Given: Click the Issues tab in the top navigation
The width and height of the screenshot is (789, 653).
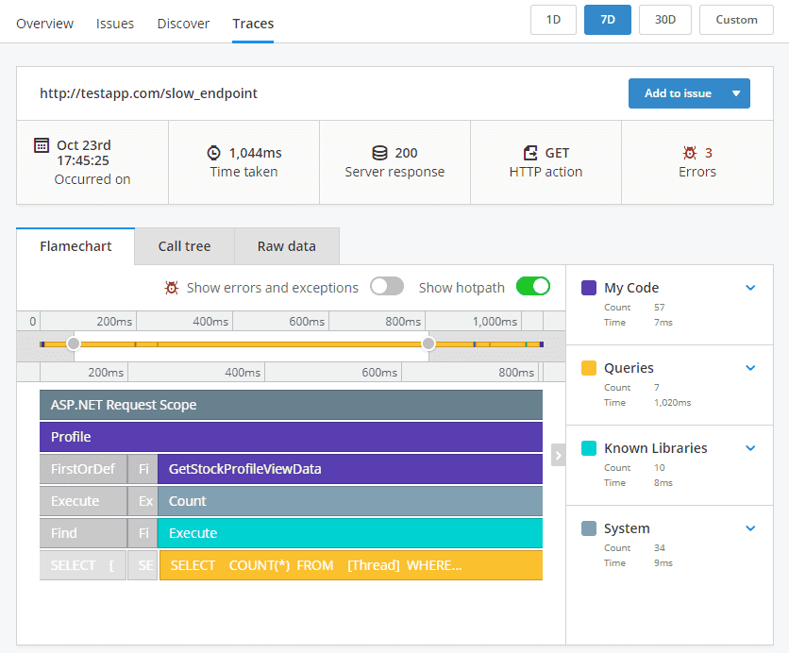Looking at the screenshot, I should pos(115,24).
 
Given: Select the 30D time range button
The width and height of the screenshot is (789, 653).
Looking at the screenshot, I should pos(664,20).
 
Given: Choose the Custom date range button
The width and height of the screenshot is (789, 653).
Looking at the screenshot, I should pos(736,20).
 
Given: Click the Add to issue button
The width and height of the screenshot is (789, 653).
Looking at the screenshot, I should pos(678,93).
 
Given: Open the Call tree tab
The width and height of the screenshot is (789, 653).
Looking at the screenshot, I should pos(184,246).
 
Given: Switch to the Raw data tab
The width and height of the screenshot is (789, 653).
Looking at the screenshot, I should pos(286,246).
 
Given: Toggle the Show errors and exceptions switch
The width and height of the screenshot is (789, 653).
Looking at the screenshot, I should pos(387,287).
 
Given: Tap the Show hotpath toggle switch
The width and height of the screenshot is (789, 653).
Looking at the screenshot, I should pos(533,287).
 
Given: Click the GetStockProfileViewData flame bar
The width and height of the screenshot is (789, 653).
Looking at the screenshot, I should pos(349,469).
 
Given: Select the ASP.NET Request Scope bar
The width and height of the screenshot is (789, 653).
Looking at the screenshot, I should pos(291,405).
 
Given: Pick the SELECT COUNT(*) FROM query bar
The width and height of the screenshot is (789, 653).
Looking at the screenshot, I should pos(350,565).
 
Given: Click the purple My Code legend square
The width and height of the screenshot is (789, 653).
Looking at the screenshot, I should pos(589,288).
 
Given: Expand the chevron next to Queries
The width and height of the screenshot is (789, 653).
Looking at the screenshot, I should pos(750,368).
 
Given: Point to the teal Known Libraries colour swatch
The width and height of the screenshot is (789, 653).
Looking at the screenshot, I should pos(589,448).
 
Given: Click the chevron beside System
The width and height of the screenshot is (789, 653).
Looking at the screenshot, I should pos(750,528).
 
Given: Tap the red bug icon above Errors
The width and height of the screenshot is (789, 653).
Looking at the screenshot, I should pos(690,153).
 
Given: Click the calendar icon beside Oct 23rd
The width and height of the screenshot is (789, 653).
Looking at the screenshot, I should pos(42,145).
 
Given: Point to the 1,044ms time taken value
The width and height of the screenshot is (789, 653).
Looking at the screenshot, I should pos(255,153).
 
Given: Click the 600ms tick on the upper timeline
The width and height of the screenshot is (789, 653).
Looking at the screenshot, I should pos(307,322).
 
